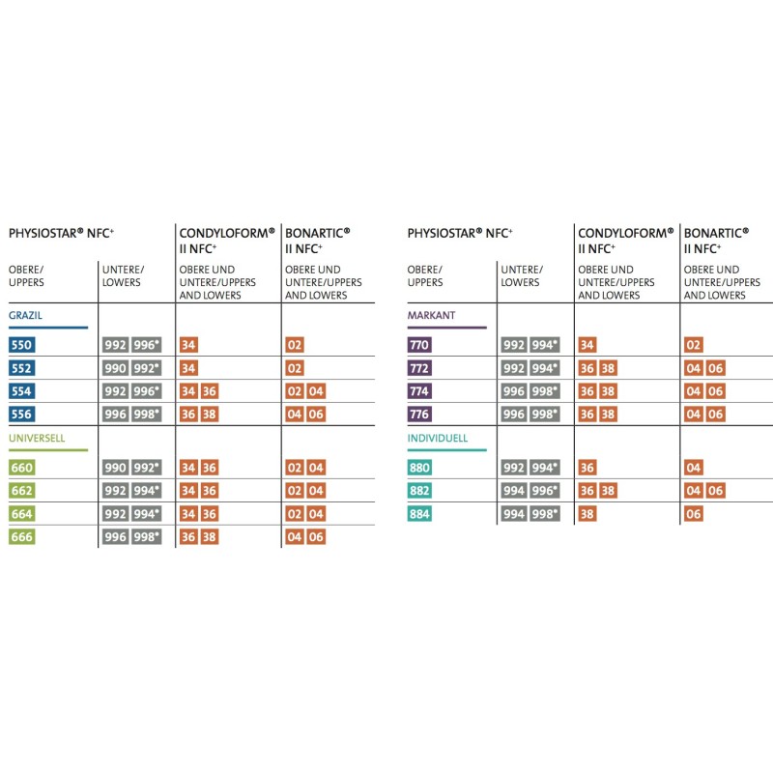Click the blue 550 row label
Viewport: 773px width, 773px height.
pyautogui.click(x=21, y=345)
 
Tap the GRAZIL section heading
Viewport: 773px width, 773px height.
pyautogui.click(x=25, y=316)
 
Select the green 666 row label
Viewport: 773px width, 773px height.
pyautogui.click(x=21, y=537)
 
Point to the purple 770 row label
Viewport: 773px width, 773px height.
pyautogui.click(x=420, y=345)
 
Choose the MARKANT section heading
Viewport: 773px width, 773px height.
pyautogui.click(x=431, y=316)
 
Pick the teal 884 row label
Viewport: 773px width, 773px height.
pyautogui.click(x=420, y=514)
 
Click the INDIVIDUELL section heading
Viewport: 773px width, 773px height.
pyautogui.click(x=439, y=438)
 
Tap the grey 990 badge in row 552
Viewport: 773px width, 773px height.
pyautogui.click(x=115, y=368)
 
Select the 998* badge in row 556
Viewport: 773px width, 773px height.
pyautogui.click(x=146, y=415)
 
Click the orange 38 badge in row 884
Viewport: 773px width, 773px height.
pyautogui.click(x=587, y=514)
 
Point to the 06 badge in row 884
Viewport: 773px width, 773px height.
pyautogui.click(x=694, y=514)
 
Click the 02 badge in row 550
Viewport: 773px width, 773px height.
pyautogui.click(x=295, y=345)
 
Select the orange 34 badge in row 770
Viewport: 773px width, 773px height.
pyautogui.click(x=587, y=345)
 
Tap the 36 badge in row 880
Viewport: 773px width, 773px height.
pyautogui.click(x=587, y=468)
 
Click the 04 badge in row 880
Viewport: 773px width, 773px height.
pyautogui.click(x=694, y=468)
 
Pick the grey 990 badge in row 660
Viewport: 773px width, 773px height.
pyautogui.click(x=115, y=468)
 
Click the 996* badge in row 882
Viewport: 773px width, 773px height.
pyautogui.click(x=545, y=491)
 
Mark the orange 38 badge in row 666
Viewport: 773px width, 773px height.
pyautogui.click(x=210, y=537)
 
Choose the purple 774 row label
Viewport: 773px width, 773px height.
pyautogui.click(x=420, y=391)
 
